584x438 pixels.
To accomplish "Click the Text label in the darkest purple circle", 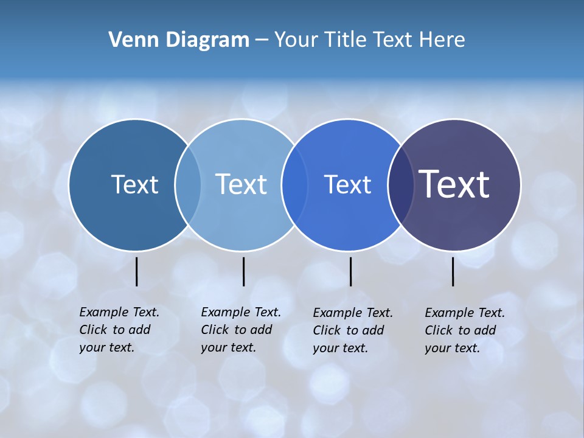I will (x=454, y=184).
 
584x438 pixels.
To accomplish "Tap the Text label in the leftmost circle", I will (x=134, y=184).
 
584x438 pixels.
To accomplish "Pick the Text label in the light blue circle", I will (x=242, y=184).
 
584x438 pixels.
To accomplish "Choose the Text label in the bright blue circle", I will (x=347, y=184).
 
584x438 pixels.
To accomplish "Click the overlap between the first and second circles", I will (x=188, y=184).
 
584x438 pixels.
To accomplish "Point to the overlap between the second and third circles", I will (x=294, y=184).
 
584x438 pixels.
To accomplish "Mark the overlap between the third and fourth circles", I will (x=400, y=184).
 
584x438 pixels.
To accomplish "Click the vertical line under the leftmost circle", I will (x=136, y=271).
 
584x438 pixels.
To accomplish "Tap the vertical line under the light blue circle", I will (x=243, y=271).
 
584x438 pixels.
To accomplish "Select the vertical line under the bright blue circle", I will (x=350, y=271).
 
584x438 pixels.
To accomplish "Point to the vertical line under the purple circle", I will (x=453, y=271).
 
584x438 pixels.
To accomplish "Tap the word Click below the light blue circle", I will (x=215, y=330).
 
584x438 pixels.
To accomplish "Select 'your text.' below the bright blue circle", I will (x=340, y=348).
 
